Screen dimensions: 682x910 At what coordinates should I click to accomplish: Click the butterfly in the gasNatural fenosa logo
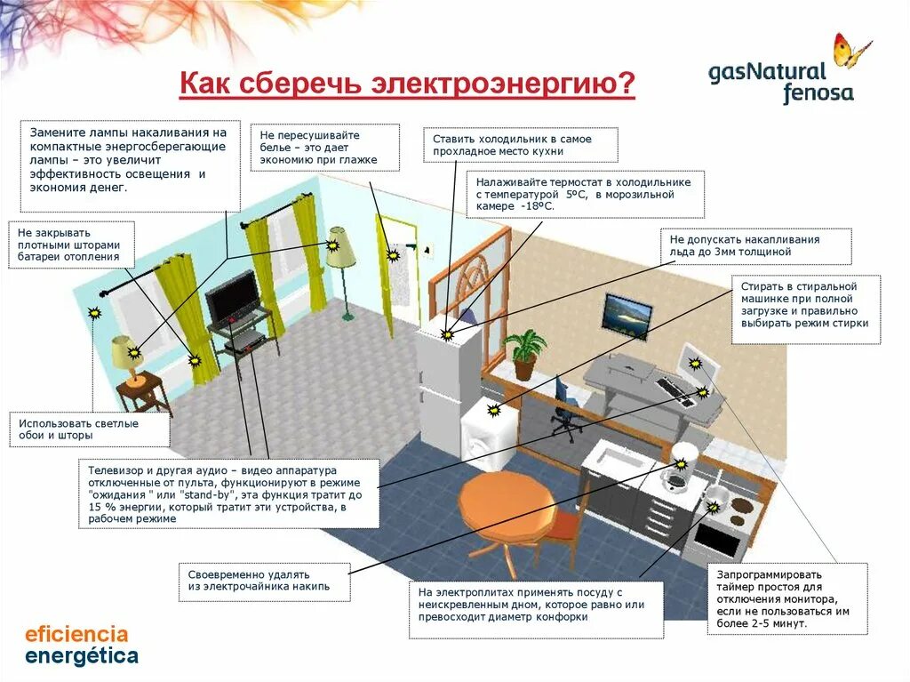click(x=851, y=51)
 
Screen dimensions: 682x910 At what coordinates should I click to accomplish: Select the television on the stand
click(x=233, y=297)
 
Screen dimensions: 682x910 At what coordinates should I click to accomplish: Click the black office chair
click(x=564, y=410)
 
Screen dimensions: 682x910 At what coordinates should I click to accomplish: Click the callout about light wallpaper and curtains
click(x=89, y=429)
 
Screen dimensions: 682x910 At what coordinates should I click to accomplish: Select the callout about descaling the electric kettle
click(x=264, y=582)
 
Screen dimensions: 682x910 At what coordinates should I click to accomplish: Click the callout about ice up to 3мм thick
click(x=755, y=245)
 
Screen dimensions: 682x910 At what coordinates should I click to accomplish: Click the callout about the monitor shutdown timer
click(x=787, y=598)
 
